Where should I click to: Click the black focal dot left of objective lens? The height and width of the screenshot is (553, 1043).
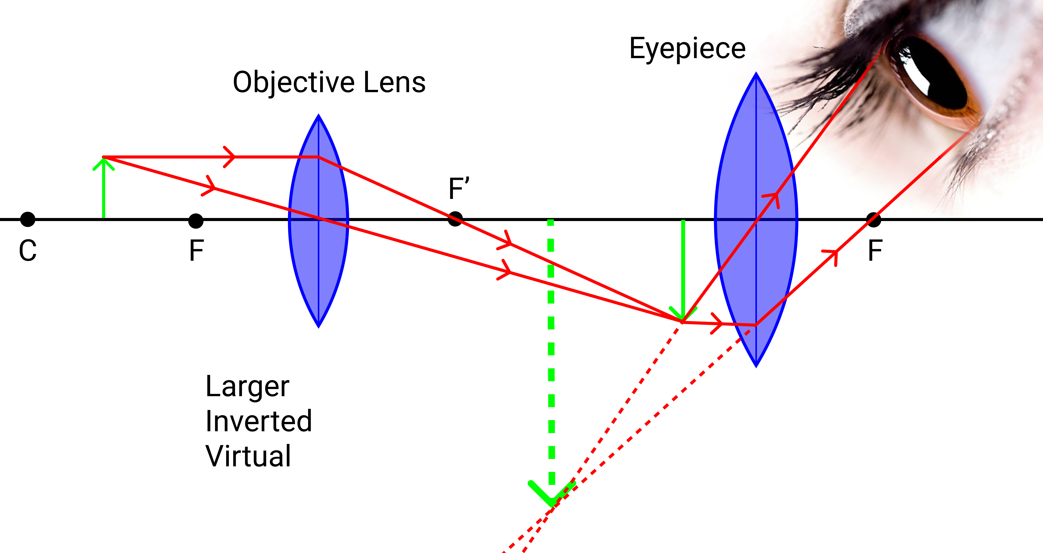(196, 221)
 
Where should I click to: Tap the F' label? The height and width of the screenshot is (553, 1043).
(459, 188)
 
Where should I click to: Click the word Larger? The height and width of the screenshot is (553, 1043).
(247, 387)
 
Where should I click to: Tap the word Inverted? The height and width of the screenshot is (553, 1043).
(258, 421)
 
